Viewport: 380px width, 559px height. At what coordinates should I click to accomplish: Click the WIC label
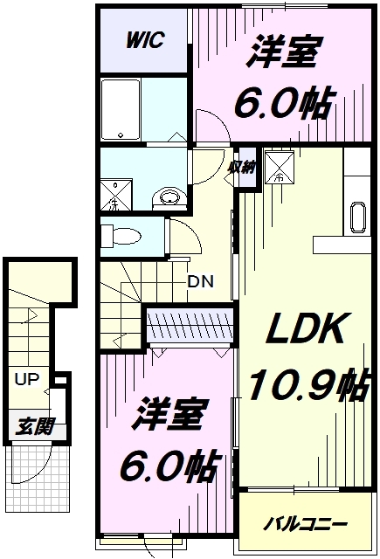145,40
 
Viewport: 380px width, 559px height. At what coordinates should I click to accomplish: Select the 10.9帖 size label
308,386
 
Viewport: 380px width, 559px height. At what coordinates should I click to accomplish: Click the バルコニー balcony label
305,524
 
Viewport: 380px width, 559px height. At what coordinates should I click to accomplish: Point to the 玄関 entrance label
35,426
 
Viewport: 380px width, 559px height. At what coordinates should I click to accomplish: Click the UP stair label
27,379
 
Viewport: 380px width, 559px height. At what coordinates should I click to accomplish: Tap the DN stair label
201,281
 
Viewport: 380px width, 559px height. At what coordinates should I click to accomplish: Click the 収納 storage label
242,168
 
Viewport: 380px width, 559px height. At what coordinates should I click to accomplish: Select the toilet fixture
121,236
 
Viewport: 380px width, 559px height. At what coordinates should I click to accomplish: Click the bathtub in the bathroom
121,110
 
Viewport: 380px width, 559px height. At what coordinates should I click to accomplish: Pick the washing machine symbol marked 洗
115,196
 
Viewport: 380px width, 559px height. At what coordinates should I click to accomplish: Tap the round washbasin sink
169,198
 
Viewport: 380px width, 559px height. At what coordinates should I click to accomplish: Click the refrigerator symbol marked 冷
280,167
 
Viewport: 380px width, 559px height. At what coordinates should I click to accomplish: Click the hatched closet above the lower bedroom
190,323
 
